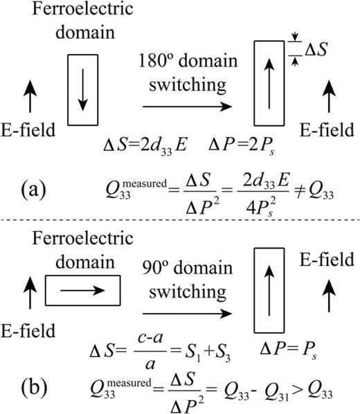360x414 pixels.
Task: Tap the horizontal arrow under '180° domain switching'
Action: tap(183, 107)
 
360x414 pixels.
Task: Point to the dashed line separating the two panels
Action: tap(180, 219)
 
